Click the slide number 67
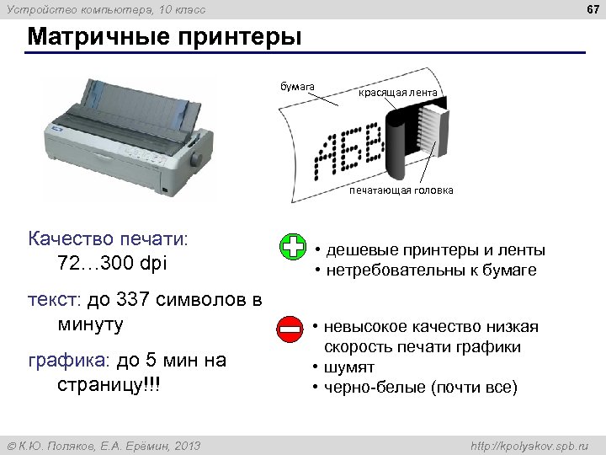click(x=592, y=8)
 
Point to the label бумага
click(x=297, y=86)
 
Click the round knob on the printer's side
click(x=197, y=158)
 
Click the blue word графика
click(x=65, y=361)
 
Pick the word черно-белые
click(x=375, y=388)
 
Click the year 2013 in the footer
click(x=187, y=444)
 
